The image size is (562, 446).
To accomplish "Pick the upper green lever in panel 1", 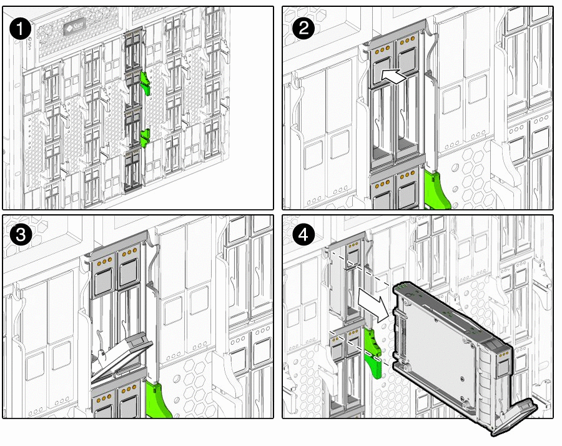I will coord(146,81).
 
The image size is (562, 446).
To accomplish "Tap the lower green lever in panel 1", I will coord(145,137).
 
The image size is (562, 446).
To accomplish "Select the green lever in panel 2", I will coord(437,191).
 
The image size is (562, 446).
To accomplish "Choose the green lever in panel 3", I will coord(159,400).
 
